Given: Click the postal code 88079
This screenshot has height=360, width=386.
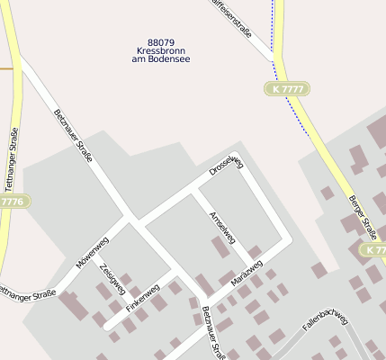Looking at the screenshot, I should tap(161, 42).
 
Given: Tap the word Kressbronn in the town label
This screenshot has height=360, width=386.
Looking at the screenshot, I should tap(161, 51).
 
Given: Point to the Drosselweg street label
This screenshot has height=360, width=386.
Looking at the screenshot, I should tap(227, 165).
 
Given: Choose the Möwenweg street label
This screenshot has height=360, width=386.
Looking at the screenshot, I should tap(93, 251).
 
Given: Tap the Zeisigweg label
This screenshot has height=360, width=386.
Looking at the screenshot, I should tap(112, 279).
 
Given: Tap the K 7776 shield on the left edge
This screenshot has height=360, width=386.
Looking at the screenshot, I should tap(12, 202).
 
